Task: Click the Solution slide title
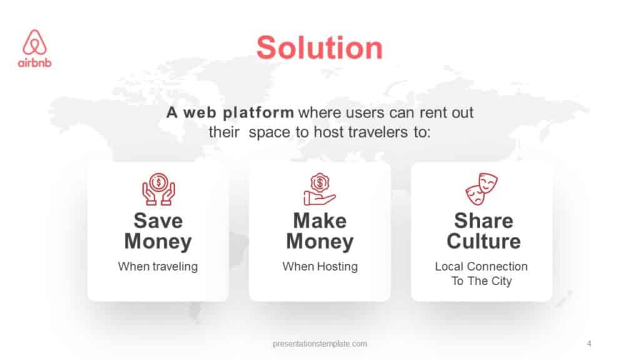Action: pyautogui.click(x=319, y=48)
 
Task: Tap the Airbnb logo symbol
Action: pyautogui.click(x=35, y=42)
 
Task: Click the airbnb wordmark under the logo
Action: pyautogui.click(x=35, y=62)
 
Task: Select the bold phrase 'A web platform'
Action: pyautogui.click(x=230, y=113)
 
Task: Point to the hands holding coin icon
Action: pyautogui.click(x=158, y=189)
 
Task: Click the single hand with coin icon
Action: pyautogui.click(x=319, y=189)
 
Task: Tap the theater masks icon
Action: pyautogui.click(x=482, y=189)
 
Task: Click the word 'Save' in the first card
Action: pyautogui.click(x=158, y=221)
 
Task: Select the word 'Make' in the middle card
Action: pyautogui.click(x=319, y=221)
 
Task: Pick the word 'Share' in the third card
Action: pyautogui.click(x=483, y=221)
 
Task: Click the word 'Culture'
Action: pyautogui.click(x=483, y=241)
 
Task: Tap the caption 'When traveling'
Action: pyautogui.click(x=158, y=266)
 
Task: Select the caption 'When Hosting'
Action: pyautogui.click(x=320, y=266)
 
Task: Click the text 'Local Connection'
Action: pyautogui.click(x=481, y=266)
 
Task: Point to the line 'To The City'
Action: pyautogui.click(x=481, y=281)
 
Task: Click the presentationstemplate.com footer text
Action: pyautogui.click(x=320, y=343)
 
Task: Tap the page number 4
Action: pyautogui.click(x=589, y=343)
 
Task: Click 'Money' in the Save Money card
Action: pyautogui.click(x=158, y=241)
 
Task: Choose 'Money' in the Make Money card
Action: pyautogui.click(x=319, y=241)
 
